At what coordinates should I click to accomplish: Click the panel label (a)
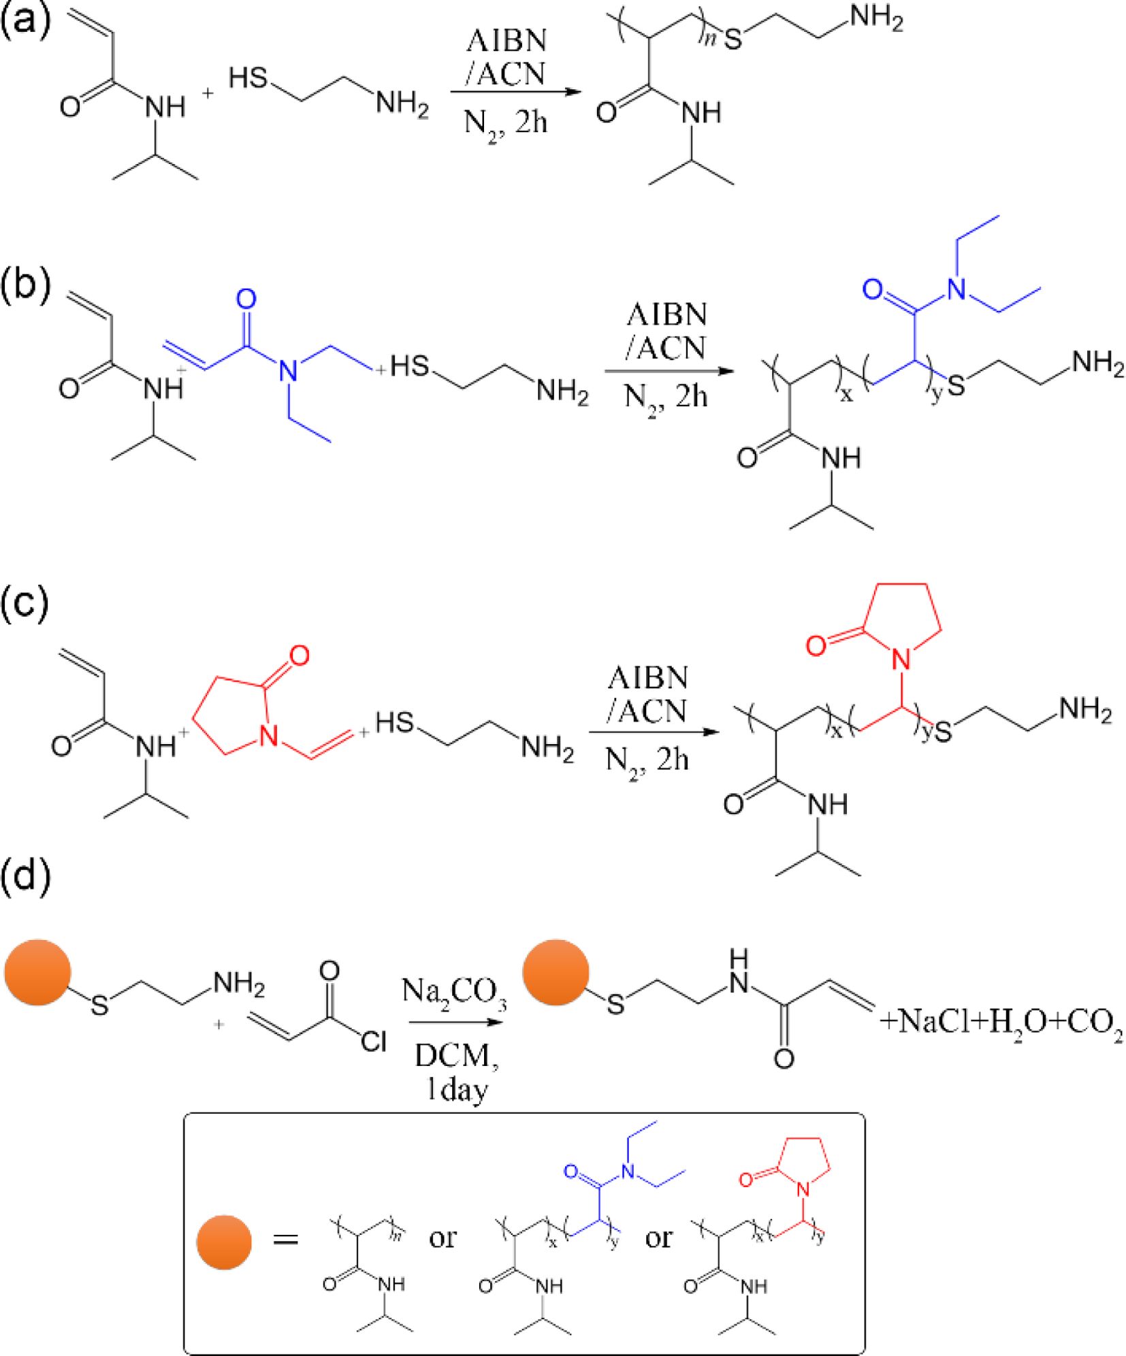26,20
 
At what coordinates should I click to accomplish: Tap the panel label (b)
27,284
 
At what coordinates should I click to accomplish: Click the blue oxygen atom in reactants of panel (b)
246,300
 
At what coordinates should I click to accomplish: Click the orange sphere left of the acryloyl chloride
37,973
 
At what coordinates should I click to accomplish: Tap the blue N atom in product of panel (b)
957,291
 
